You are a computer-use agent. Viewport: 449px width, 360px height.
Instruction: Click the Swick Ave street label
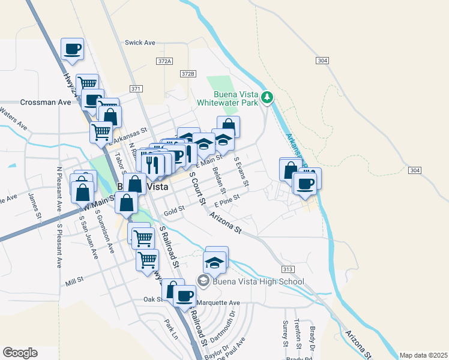point(140,43)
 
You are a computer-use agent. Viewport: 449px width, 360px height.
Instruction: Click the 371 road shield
point(136,89)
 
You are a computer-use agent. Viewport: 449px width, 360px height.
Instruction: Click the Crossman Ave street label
point(46,103)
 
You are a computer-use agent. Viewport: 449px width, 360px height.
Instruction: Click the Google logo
point(20,353)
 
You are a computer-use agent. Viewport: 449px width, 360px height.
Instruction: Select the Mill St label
point(74,280)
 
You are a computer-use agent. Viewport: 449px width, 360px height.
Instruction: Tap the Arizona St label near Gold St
point(225,223)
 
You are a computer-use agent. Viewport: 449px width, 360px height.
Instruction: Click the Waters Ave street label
point(15,121)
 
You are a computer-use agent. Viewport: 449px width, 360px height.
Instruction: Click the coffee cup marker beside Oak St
point(185,295)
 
